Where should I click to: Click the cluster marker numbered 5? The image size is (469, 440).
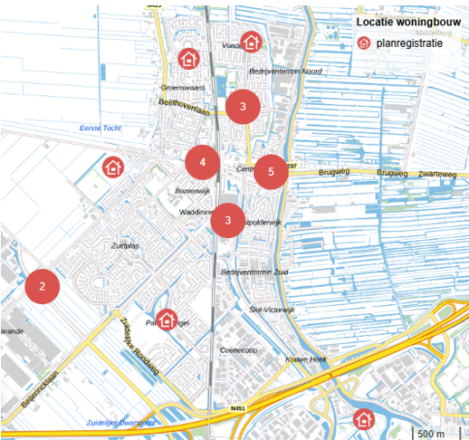click(x=270, y=171)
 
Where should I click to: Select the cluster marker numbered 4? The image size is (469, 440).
click(x=203, y=162)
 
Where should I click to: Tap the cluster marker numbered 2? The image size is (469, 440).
click(x=42, y=286)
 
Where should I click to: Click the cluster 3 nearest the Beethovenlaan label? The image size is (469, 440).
click(x=243, y=106)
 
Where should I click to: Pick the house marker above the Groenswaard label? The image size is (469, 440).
click(x=188, y=59)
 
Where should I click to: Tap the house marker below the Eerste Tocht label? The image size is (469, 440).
click(x=112, y=167)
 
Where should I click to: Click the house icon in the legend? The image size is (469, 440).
click(x=364, y=42)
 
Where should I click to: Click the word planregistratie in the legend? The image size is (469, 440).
click(x=410, y=42)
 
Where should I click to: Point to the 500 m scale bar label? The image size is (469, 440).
click(x=431, y=433)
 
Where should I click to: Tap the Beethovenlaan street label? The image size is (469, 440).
click(x=184, y=107)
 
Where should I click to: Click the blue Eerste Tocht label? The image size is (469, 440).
click(x=100, y=129)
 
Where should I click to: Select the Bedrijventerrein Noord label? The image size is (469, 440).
click(x=285, y=71)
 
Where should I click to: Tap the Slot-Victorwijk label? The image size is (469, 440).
click(x=272, y=310)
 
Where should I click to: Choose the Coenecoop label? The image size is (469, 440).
click(x=239, y=349)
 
